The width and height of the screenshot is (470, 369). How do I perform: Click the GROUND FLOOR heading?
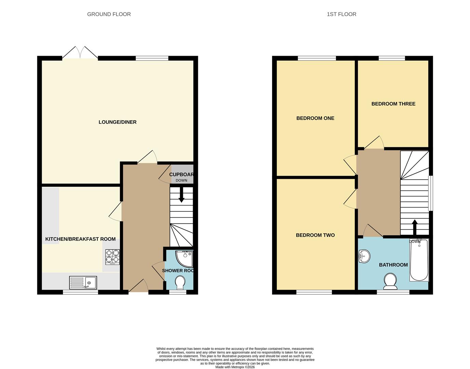click(109, 14)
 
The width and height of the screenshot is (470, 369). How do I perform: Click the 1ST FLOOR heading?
click(341, 14)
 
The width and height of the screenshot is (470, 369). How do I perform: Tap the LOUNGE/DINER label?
click(117, 122)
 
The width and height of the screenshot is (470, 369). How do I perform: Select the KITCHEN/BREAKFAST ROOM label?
click(80, 239)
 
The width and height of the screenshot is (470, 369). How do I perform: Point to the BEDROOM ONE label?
click(315, 118)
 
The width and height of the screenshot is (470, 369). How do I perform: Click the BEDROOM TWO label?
click(315, 235)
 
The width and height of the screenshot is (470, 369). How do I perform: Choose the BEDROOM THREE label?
click(393, 104)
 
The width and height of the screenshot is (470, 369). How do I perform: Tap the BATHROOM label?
click(393, 265)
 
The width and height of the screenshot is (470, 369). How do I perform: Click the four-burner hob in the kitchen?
click(112, 257)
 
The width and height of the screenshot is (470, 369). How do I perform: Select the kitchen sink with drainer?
click(83, 283)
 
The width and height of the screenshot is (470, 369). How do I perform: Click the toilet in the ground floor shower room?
click(180, 283)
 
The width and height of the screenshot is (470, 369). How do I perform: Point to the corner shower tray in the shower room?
click(185, 258)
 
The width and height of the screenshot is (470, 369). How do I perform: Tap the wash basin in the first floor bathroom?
click(364, 256)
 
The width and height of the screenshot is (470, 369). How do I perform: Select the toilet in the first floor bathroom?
click(390, 281)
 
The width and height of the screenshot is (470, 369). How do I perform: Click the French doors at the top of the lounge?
click(80, 53)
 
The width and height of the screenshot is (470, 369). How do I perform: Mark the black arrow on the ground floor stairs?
click(181, 196)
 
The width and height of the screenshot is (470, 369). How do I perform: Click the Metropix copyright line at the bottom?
click(235, 367)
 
